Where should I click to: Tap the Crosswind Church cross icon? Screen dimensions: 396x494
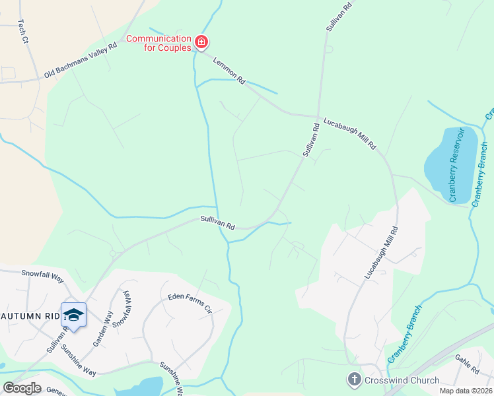[354, 379]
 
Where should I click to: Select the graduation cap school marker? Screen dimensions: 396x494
[74, 314]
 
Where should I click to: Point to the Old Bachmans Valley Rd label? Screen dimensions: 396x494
[81, 61]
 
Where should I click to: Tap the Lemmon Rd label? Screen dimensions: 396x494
[229, 70]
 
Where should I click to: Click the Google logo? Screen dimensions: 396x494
[22, 387]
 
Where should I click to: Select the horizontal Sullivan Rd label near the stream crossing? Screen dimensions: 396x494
[218, 224]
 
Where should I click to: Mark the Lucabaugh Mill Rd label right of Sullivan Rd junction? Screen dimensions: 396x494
[349, 133]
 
